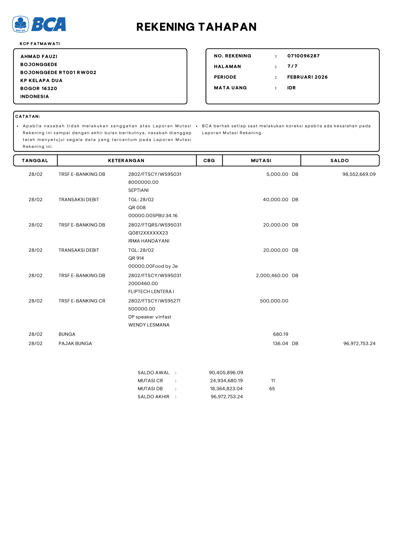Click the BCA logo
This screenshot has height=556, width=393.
tap(39, 24)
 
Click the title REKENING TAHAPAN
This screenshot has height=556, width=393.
tap(196, 27)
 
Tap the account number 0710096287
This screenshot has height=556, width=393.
tap(303, 56)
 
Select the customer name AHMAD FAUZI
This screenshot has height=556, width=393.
tap(39, 56)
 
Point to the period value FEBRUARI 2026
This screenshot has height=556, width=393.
tap(307, 77)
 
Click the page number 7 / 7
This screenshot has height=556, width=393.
tap(292, 66)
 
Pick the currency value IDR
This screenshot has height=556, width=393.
tap(291, 88)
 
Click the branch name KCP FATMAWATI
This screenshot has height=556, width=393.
tap(40, 44)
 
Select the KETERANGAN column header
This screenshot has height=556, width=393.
tap(126, 161)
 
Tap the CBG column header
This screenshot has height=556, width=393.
tap(209, 161)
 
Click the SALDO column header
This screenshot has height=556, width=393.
tap(339, 161)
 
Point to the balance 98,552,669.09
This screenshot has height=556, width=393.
tap(359, 174)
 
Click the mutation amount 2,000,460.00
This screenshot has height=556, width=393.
tap(272, 276)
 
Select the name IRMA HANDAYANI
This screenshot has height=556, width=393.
tap(149, 241)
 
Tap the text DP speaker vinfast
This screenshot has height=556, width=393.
tap(150, 317)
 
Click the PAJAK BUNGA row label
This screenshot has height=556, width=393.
tap(75, 343)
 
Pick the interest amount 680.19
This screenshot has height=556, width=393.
tap(280, 334)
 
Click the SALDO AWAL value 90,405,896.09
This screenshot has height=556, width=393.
tap(226, 373)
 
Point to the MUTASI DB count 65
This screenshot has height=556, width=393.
tap(272, 389)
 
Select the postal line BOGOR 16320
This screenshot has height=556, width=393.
tap(39, 88)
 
